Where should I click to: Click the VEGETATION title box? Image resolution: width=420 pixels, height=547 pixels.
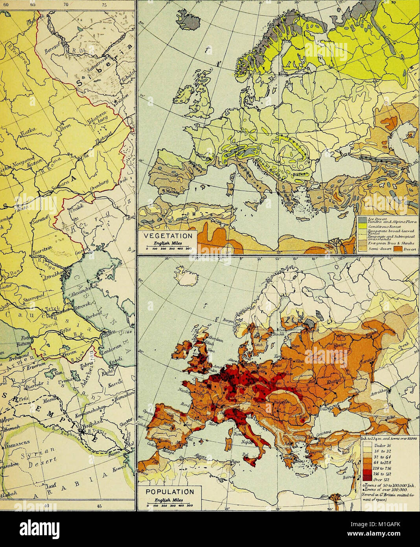pos(168,236)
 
